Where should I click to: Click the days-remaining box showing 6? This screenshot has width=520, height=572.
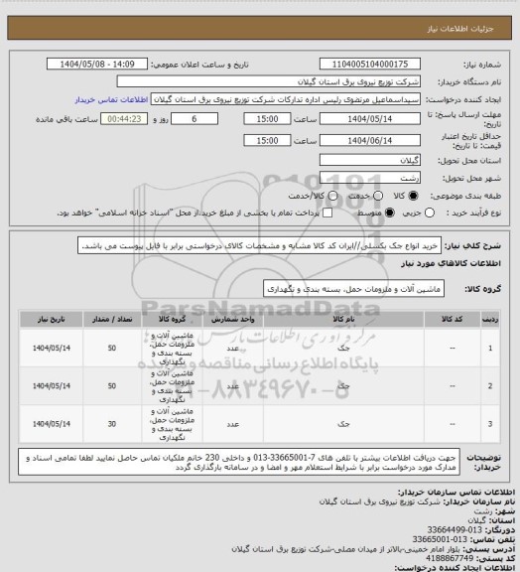coord(195,118)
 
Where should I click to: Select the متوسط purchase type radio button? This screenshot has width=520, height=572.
coord(322,212)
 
